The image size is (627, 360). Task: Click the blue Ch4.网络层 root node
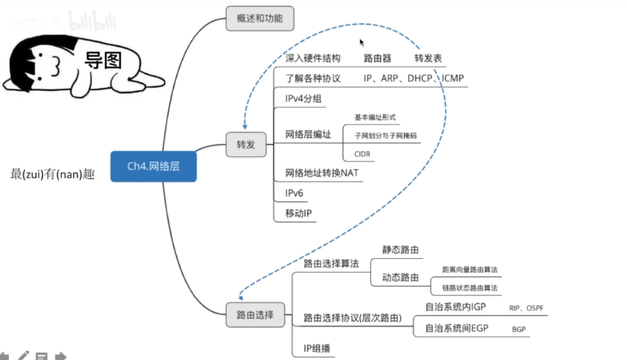153,166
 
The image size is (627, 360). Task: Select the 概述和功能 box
260,18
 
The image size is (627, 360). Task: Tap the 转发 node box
246,145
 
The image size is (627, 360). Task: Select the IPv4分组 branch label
303,99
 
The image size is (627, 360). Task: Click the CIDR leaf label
363,154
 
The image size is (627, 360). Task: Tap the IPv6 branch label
294,193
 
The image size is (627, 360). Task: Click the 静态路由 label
401,249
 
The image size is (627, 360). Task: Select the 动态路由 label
401,277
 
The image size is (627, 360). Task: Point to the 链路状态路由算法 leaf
470,287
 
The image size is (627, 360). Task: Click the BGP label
520,330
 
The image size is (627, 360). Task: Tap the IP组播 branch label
315,348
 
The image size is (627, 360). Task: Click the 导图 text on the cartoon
103,60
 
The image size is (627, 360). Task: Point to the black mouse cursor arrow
361,42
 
